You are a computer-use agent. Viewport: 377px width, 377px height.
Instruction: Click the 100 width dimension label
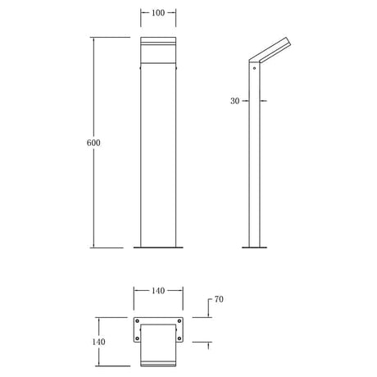(x=158, y=13)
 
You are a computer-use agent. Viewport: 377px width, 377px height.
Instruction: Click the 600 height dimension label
(x=93, y=143)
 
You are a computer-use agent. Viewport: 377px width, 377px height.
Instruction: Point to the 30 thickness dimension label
(x=234, y=101)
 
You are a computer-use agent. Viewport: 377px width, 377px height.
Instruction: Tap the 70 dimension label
(x=219, y=299)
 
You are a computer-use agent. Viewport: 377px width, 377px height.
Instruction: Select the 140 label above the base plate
(x=158, y=291)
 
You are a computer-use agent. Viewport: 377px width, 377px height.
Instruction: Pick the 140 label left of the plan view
(x=98, y=342)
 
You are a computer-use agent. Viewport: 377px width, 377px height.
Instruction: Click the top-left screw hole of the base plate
(x=137, y=321)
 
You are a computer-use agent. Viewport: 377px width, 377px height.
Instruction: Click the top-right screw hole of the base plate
(x=179, y=321)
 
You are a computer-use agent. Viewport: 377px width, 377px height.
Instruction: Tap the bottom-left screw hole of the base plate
(x=137, y=338)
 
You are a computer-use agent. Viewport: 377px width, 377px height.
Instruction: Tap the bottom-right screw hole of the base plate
(x=179, y=338)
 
